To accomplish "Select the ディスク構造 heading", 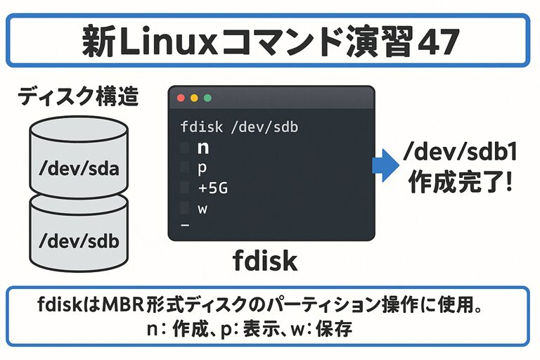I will pos(78,96).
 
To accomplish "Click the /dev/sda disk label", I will pos(79,169).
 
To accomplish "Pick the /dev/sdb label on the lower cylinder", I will pos(79,240).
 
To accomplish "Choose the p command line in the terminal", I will pos(204,169).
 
